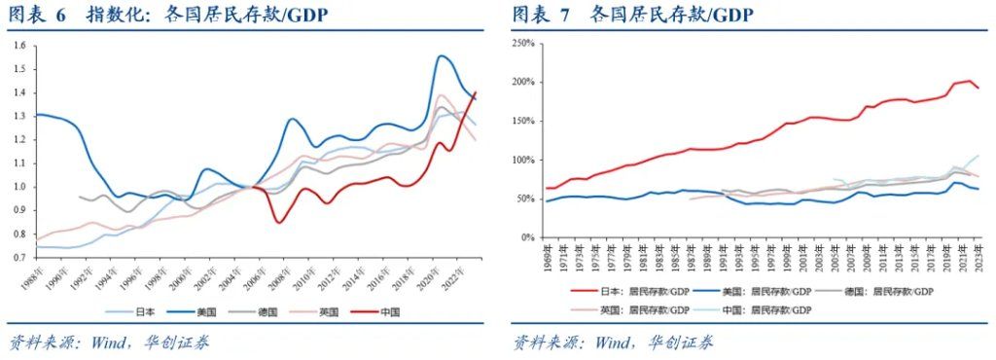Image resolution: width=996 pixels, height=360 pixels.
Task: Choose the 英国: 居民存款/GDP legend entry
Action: coord(641,309)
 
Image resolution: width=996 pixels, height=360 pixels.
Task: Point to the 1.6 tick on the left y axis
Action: coord(19,46)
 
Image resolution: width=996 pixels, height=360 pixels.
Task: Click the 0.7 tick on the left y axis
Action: coord(19,258)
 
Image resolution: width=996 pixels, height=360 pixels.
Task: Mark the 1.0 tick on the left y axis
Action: coord(19,187)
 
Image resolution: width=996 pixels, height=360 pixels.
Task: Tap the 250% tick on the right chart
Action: coord(522,44)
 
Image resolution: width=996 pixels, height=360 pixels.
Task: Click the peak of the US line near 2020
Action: coord(443,55)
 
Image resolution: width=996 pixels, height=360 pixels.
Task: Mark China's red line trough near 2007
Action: coord(280,223)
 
